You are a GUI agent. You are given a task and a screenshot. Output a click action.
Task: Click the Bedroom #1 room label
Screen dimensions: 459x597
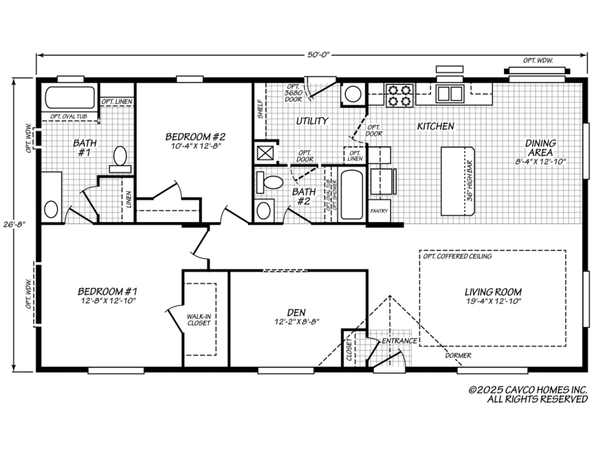[x=107, y=292]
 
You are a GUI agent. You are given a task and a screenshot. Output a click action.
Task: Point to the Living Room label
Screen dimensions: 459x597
[x=493, y=292]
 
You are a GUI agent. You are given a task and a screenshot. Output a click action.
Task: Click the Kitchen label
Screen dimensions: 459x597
[x=435, y=126]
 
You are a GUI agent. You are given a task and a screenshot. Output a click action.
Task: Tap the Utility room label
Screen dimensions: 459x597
[x=312, y=121]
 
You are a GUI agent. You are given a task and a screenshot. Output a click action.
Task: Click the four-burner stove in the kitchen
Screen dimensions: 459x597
[x=399, y=95]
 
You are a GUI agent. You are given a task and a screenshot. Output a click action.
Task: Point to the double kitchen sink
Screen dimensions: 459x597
[x=450, y=93]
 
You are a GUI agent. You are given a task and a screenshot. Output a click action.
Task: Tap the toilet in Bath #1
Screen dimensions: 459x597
[x=120, y=157]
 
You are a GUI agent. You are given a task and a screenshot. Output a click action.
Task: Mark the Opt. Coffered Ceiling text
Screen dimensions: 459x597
[x=456, y=256]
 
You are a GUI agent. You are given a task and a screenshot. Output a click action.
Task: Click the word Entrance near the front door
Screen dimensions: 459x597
[x=399, y=342]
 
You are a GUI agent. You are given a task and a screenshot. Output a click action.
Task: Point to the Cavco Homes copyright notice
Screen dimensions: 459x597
[x=527, y=394]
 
